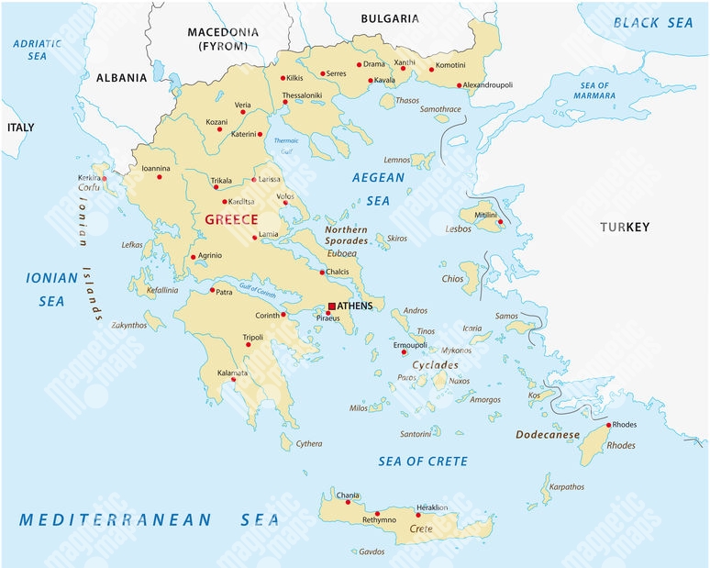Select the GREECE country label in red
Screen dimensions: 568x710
(x=231, y=219)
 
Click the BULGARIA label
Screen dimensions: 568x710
(x=390, y=18)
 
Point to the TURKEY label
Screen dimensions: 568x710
(x=625, y=227)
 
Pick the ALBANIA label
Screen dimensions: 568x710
(x=121, y=78)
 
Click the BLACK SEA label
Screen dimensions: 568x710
(x=653, y=23)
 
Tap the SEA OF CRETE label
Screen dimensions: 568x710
(x=423, y=461)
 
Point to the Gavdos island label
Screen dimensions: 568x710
(x=372, y=552)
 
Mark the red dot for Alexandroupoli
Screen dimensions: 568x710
(x=460, y=85)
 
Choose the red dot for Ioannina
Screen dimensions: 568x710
(x=160, y=177)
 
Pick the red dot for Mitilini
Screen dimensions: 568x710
(x=500, y=221)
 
